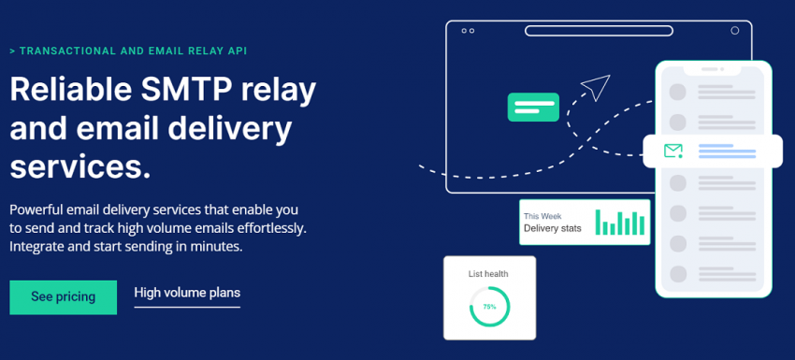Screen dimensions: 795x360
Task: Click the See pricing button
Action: [64, 297]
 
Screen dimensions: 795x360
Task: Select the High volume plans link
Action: [187, 293]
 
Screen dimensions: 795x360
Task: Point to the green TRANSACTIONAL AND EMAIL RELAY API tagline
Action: [128, 50]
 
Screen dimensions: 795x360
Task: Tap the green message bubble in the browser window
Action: [533, 107]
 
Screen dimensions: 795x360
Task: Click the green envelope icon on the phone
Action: [672, 151]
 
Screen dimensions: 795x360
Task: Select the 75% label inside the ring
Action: [489, 307]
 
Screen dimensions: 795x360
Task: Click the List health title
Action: [488, 274]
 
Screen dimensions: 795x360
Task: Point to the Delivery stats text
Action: [553, 228]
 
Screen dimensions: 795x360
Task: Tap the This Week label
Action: [542, 217]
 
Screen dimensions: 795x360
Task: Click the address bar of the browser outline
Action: [599, 31]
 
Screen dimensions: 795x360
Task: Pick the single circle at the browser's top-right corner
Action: [734, 31]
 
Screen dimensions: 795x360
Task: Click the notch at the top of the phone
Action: [714, 69]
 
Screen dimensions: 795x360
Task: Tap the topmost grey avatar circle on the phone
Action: [678, 92]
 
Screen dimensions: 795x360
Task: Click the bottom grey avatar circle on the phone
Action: [678, 274]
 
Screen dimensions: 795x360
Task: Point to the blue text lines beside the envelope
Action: [727, 151]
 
